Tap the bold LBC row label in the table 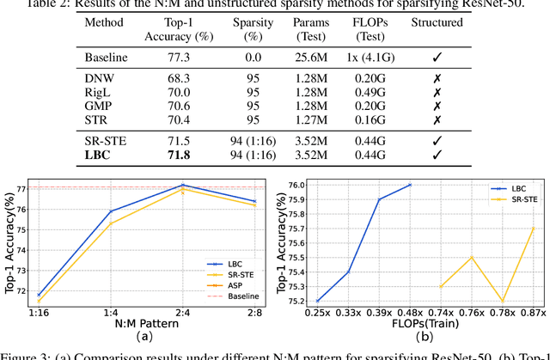pos(98,156)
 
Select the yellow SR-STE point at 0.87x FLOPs pos(532,228)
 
